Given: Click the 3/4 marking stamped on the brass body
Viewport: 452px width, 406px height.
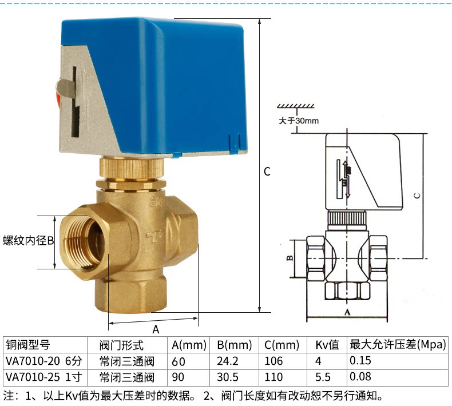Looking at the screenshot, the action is (x=157, y=201).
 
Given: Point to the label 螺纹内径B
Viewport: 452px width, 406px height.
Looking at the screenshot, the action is (x=28, y=241).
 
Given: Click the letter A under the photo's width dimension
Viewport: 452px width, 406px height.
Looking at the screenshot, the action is (x=156, y=329).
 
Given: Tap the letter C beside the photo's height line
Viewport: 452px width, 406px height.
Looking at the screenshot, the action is (x=267, y=172).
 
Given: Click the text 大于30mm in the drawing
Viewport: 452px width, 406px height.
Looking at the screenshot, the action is (x=299, y=121).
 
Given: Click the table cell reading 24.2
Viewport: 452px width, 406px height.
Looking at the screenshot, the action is (x=228, y=361).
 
